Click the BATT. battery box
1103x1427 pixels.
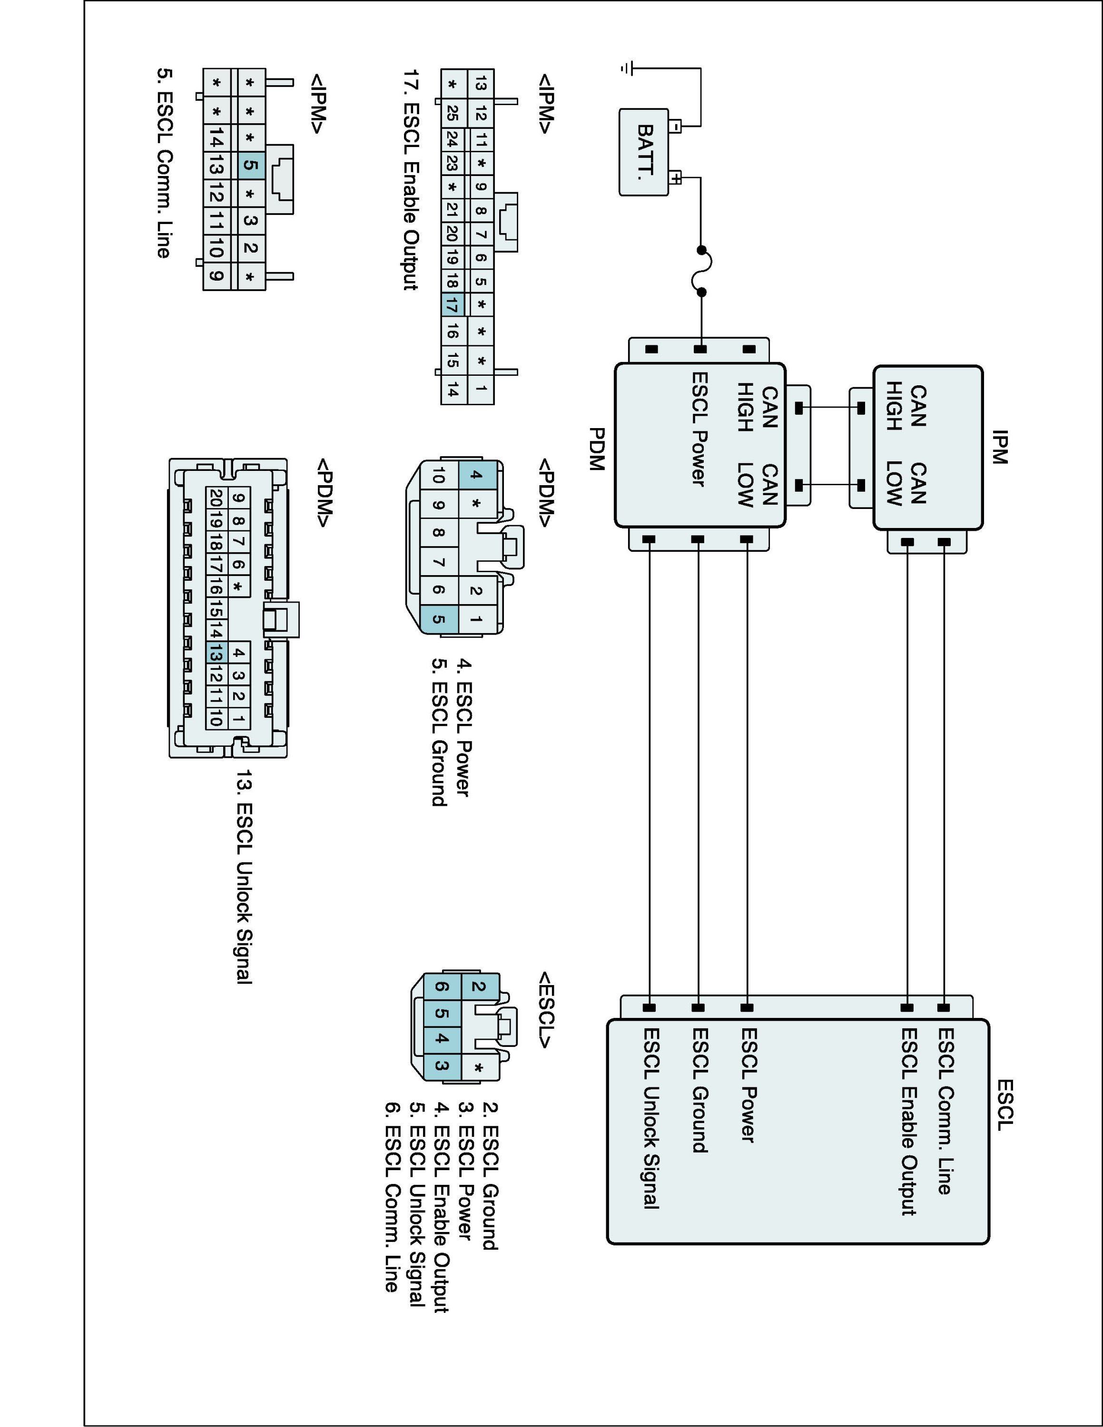[644, 152]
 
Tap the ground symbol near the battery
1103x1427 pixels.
[627, 68]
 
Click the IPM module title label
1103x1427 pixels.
[999, 447]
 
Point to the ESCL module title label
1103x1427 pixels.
[1005, 1104]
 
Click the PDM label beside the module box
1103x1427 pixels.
[597, 449]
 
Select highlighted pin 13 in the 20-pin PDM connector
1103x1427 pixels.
[216, 652]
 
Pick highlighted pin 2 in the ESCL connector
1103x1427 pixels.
[479, 987]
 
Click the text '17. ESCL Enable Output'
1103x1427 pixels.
[410, 180]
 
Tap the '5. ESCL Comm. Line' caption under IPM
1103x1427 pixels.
[164, 163]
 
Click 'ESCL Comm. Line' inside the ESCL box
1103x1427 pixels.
[945, 1111]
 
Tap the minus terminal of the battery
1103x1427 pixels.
[676, 126]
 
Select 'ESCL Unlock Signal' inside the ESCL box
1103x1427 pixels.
[651, 1118]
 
